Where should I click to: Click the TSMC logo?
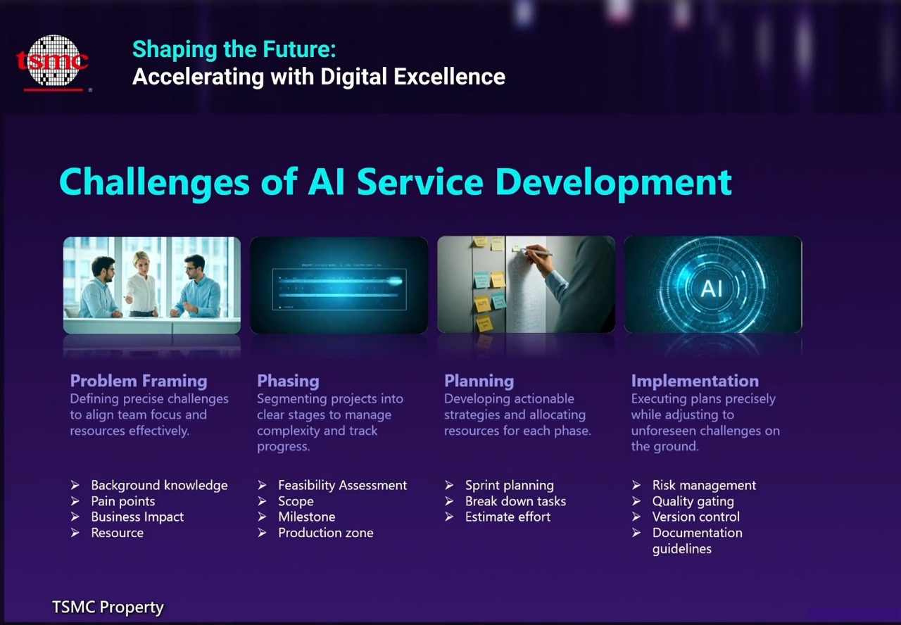[x=52, y=63]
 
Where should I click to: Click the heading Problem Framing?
[x=139, y=381]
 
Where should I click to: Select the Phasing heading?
[x=288, y=381]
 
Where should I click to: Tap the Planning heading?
[x=479, y=381]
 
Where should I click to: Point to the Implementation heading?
[x=695, y=381]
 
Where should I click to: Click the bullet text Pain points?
[x=123, y=501]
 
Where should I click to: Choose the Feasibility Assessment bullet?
[x=343, y=485]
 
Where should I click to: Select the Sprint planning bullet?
[x=510, y=486]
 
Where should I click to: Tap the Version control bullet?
[x=696, y=517]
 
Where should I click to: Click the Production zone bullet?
[x=326, y=533]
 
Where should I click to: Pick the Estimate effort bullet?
[x=508, y=517]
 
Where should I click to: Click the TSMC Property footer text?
[x=108, y=607]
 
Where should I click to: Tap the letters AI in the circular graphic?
[x=712, y=289]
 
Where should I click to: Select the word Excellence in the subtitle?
[x=449, y=77]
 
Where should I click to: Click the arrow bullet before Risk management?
[x=636, y=485]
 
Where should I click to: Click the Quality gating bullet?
[x=693, y=502]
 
